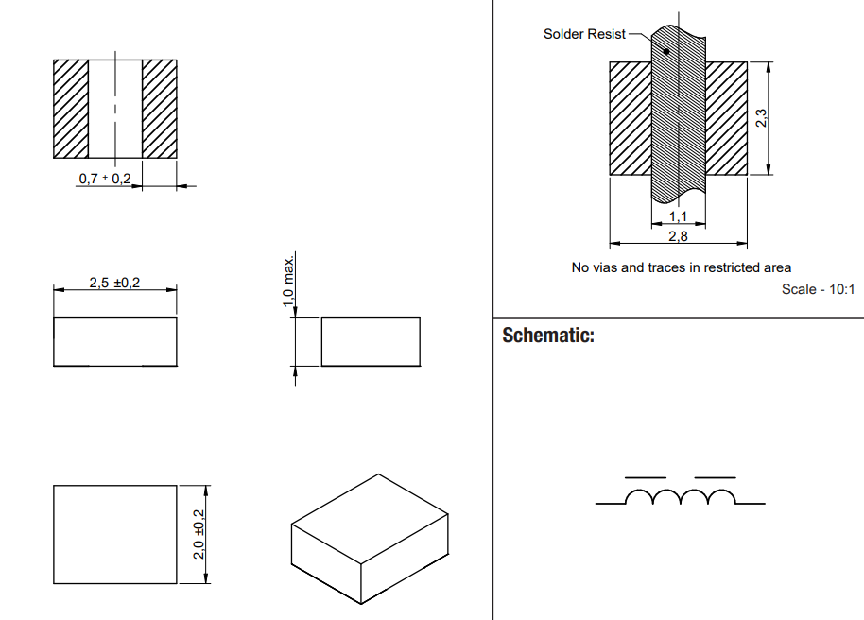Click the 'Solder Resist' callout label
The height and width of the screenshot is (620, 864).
click(x=584, y=34)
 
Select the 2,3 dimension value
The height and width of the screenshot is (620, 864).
click(x=762, y=118)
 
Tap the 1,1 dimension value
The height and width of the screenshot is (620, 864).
click(x=678, y=216)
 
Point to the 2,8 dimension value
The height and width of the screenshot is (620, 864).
click(x=678, y=236)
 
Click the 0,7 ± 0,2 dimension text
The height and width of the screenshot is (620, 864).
click(x=104, y=179)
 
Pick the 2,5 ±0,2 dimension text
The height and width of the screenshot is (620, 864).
click(x=114, y=283)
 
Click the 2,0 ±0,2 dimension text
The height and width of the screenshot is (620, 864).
click(x=199, y=535)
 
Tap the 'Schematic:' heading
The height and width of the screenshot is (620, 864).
click(x=548, y=336)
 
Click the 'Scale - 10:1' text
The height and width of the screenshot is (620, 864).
click(x=818, y=289)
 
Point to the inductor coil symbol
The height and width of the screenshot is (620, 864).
click(x=681, y=497)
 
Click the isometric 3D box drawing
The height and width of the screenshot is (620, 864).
click(x=369, y=538)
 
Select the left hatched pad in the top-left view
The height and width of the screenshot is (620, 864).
click(x=71, y=110)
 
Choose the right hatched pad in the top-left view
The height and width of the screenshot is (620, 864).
click(x=160, y=110)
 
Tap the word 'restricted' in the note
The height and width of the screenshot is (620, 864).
click(x=715, y=267)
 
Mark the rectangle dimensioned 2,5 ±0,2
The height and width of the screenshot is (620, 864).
click(x=114, y=341)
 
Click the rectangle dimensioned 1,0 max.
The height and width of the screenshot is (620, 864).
click(x=371, y=341)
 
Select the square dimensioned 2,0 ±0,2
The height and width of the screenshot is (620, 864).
click(x=114, y=535)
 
